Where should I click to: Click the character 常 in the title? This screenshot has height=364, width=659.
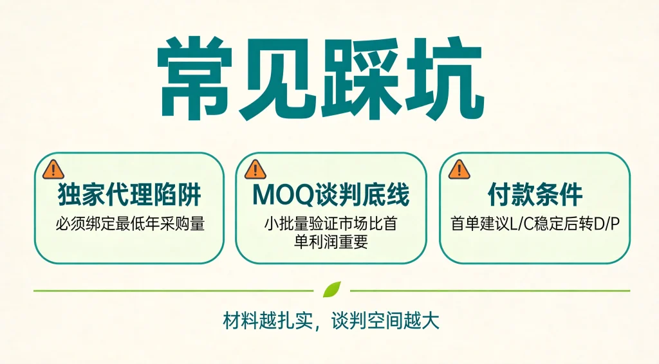(x=194, y=78)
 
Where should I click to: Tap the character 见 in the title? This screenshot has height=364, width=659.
(x=278, y=78)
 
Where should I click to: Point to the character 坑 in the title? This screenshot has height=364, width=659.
(x=443, y=78)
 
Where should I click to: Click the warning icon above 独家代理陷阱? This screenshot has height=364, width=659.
(x=53, y=170)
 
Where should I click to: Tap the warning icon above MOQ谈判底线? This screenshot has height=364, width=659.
(x=255, y=170)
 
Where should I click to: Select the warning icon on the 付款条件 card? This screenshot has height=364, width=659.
(x=459, y=170)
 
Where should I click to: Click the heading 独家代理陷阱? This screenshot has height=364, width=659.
(x=129, y=194)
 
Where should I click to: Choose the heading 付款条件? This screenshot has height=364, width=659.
(x=535, y=194)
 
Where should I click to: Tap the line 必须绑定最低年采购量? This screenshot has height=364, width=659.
(x=130, y=224)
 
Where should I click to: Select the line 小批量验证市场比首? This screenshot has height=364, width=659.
(x=331, y=224)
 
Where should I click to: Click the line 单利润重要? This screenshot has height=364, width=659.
(x=331, y=242)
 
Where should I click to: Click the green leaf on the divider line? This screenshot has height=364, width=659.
(x=331, y=289)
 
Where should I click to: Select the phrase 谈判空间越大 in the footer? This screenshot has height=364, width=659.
(x=385, y=321)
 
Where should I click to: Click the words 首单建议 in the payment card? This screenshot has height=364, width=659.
(x=480, y=224)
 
